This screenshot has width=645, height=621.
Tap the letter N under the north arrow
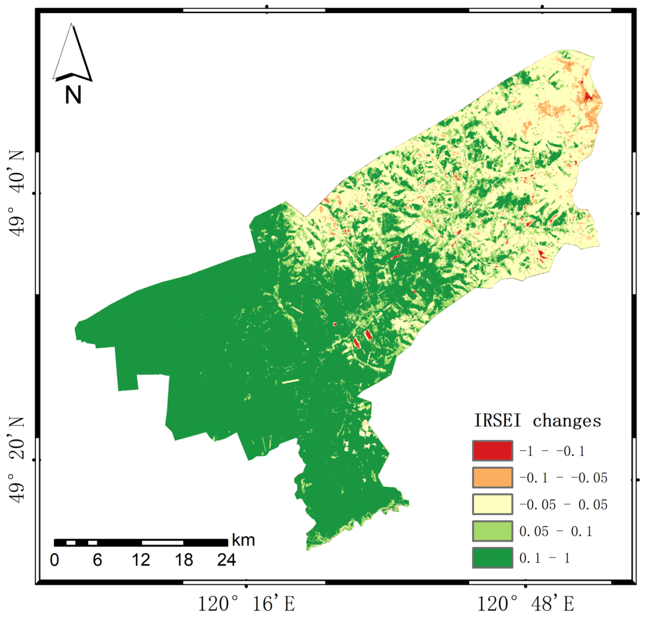(73, 95)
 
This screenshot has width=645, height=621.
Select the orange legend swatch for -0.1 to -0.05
(492, 477)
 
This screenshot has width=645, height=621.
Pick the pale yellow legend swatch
(492, 504)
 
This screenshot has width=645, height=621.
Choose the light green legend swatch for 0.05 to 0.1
(492, 531)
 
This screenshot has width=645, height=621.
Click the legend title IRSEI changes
(537, 421)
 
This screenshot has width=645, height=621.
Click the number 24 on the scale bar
(226, 560)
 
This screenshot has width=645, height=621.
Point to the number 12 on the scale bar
(141, 560)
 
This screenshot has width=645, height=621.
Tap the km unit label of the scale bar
(244, 540)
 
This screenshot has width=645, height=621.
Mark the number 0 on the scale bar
(55, 560)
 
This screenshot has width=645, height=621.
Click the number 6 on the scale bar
(97, 560)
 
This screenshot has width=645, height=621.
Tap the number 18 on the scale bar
(184, 560)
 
